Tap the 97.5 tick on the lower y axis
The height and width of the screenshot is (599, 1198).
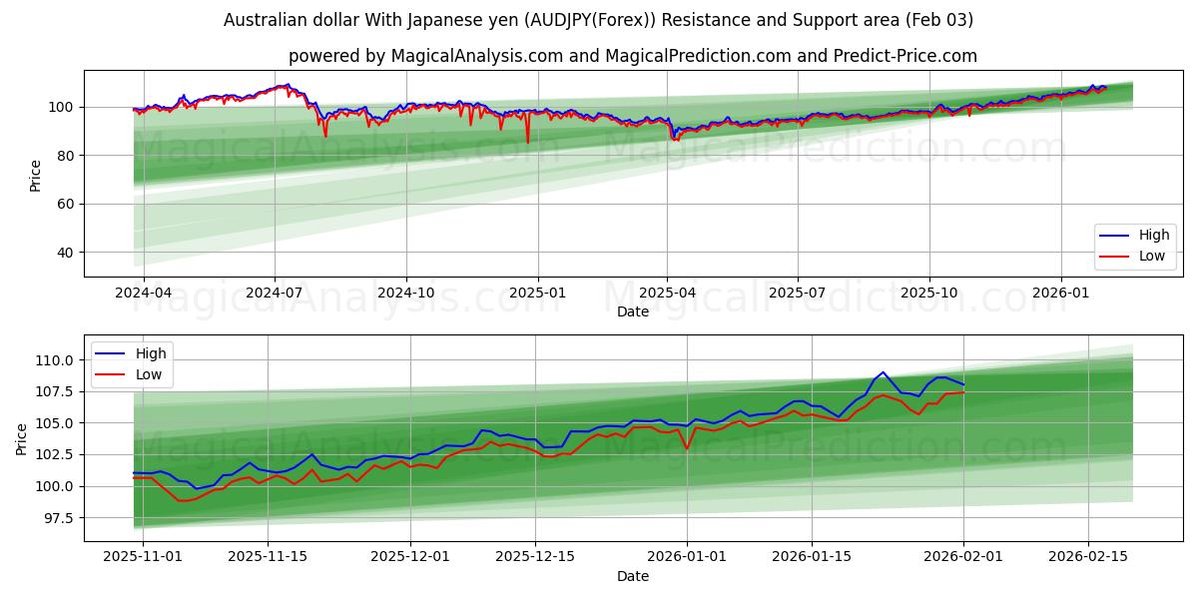click(58, 518)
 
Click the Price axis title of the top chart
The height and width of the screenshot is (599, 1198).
click(36, 175)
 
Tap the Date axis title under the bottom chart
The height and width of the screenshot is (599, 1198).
click(633, 576)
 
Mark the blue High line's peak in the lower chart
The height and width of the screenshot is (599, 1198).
click(883, 372)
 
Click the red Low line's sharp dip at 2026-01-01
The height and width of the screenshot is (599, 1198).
click(687, 448)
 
